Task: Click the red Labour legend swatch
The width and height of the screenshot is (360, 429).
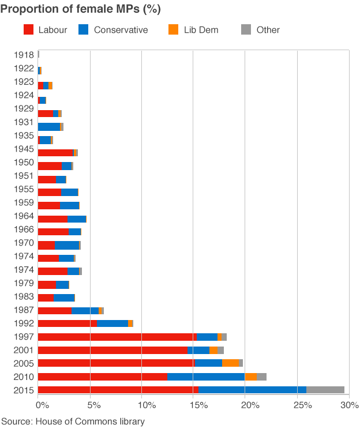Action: [29, 29]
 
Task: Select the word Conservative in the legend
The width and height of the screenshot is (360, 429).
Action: [121, 30]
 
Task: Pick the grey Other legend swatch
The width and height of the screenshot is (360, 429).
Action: [246, 29]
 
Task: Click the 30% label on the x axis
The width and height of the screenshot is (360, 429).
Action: [350, 405]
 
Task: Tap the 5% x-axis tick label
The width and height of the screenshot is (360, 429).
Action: [90, 405]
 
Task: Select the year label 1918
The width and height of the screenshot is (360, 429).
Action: [24, 55]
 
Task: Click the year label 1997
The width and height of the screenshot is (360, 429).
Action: [24, 337]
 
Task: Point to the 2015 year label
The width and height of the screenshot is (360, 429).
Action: [24, 390]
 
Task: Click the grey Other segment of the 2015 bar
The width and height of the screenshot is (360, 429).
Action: [325, 390]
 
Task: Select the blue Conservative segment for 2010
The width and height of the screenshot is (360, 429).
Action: [206, 377]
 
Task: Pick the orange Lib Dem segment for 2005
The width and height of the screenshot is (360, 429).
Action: [230, 363]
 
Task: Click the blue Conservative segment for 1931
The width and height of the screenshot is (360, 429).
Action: [48, 126]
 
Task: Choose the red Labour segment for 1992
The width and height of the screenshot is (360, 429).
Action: [67, 323]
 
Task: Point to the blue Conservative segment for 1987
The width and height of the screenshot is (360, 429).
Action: [85, 310]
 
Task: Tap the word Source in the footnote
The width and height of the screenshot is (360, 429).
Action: [17, 422]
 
